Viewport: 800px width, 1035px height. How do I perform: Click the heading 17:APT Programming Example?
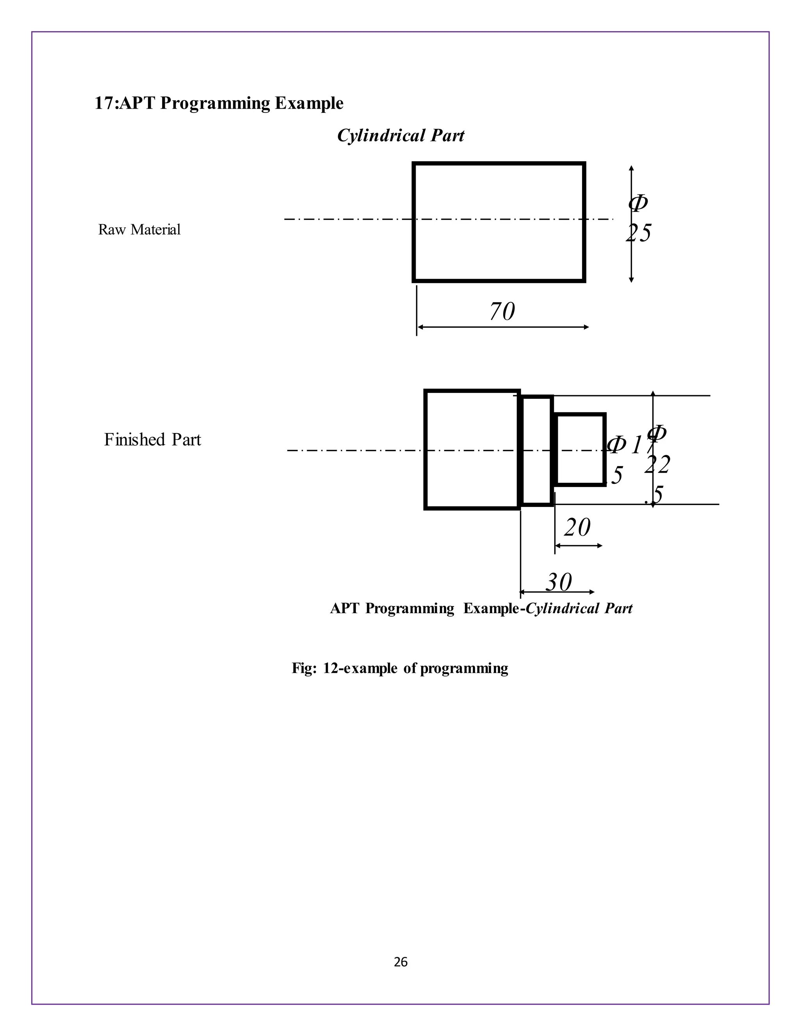[219, 103]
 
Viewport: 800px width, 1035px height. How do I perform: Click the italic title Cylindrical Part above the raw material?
[400, 136]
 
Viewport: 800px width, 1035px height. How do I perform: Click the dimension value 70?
[502, 312]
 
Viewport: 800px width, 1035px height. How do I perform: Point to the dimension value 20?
[577, 527]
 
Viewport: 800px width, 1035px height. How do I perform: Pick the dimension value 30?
[559, 582]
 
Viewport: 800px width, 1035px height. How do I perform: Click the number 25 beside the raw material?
[638, 233]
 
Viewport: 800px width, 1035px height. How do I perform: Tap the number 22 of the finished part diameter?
[657, 465]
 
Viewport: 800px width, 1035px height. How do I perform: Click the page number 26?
[400, 962]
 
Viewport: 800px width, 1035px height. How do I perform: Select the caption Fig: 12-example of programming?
[400, 668]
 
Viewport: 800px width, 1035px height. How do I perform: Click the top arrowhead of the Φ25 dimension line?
[631, 168]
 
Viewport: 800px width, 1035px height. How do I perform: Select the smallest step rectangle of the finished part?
[580, 449]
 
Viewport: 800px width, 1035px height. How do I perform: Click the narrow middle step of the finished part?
[537, 450]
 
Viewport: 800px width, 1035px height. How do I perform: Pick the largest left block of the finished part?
[471, 449]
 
